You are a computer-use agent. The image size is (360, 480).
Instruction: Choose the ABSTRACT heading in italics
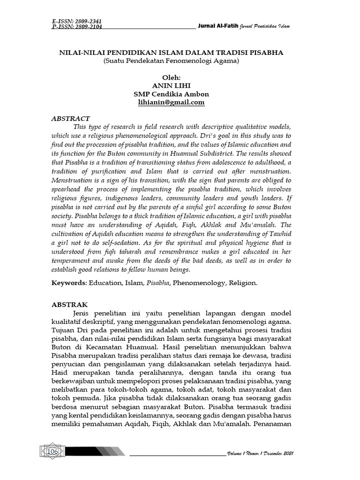[70, 119]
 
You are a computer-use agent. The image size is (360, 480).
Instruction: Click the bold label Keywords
[68, 284]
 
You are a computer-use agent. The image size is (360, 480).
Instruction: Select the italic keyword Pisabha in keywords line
[158, 284]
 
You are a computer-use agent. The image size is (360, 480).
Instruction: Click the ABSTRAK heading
[69, 304]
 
